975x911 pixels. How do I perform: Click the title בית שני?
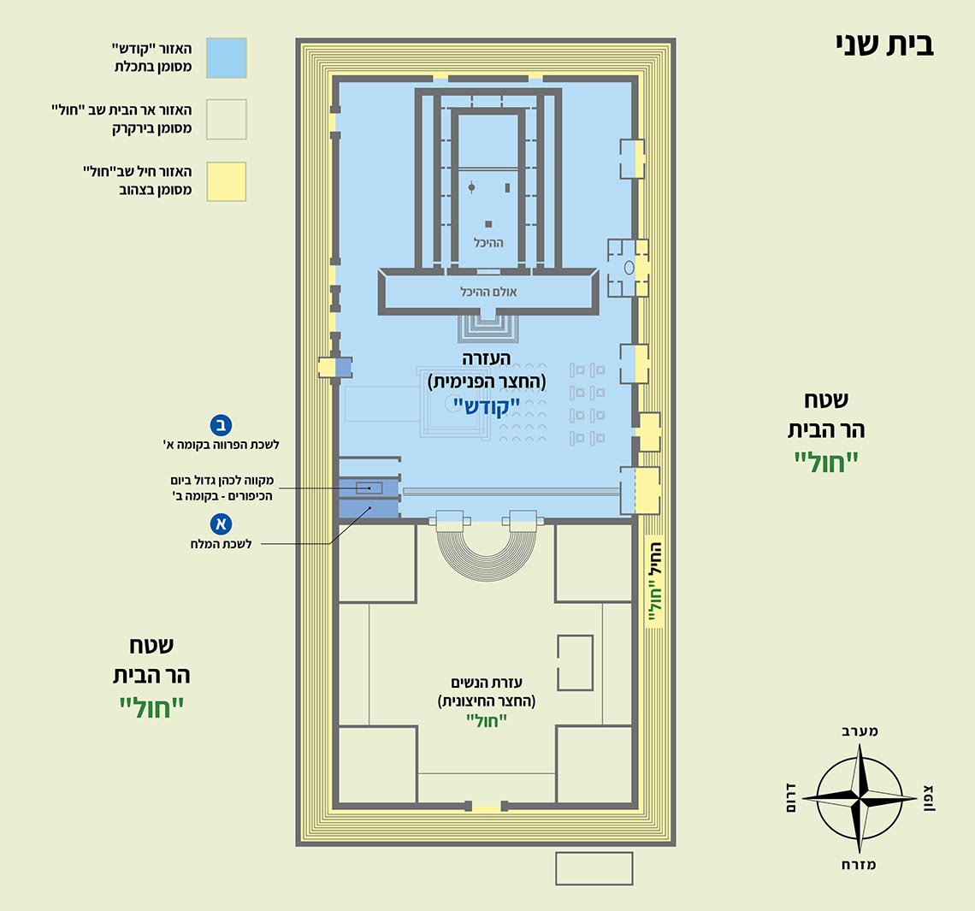coord(885,45)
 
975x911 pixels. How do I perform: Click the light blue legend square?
coord(227,58)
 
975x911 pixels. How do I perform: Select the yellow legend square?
coord(227,181)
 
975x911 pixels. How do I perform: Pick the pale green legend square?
coord(227,120)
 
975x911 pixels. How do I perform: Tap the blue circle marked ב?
coord(221,425)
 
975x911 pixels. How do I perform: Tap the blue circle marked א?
coord(221,524)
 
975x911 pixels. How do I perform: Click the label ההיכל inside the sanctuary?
coord(488,243)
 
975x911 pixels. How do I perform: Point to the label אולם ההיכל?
coord(488,292)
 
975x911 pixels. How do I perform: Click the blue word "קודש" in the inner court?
coord(486,406)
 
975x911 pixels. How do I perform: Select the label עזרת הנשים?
coord(487,683)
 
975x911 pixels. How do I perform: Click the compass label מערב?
coord(859,731)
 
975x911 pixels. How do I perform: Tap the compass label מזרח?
coord(859,865)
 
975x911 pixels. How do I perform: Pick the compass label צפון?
coord(929,798)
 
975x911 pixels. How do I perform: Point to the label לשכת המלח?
coord(221,544)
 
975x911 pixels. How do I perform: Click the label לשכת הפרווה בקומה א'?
coord(221,445)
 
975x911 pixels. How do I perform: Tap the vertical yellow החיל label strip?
coord(655,582)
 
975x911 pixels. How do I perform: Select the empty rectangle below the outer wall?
coord(594,868)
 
